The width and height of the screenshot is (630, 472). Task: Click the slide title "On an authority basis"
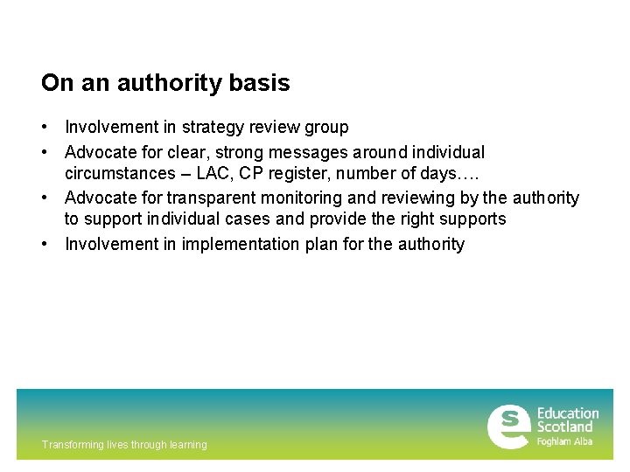coord(165,83)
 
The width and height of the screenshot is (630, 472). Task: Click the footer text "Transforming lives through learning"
coord(124,445)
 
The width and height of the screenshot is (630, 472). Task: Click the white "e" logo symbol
coord(507,427)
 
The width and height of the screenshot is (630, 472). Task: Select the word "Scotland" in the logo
coord(564,427)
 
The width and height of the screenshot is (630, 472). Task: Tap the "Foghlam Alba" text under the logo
coord(564,441)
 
